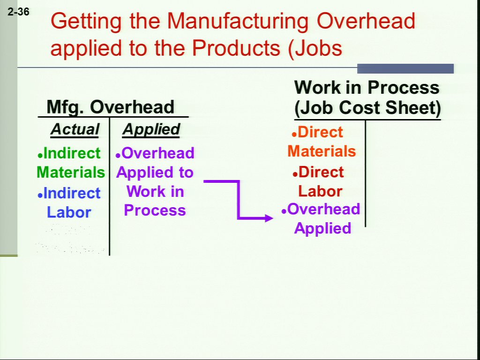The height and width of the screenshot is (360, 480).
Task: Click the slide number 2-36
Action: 18,12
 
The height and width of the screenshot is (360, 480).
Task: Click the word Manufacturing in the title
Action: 238,21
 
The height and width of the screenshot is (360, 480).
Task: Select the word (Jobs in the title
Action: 315,48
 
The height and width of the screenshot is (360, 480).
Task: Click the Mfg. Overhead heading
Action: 110,107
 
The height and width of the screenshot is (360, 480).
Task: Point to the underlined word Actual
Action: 75,129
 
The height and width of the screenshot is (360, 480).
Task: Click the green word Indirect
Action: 72,153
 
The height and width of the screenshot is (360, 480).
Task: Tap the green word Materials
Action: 71,172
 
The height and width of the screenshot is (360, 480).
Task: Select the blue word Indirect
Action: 72,193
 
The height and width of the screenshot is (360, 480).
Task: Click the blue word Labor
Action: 69,212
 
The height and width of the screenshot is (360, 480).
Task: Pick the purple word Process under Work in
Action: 155,210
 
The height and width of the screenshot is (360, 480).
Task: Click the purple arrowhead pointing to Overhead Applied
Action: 268,218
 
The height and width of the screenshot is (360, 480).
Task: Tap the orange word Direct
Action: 320,132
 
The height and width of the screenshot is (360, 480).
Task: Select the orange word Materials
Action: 322,151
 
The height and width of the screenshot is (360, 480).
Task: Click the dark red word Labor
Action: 320,191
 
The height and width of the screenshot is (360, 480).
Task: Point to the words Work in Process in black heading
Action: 367,87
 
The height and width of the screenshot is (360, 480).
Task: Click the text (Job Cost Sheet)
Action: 367,108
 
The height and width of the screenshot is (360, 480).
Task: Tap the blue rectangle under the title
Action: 405,68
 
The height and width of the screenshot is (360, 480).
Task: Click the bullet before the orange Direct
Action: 294,135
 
